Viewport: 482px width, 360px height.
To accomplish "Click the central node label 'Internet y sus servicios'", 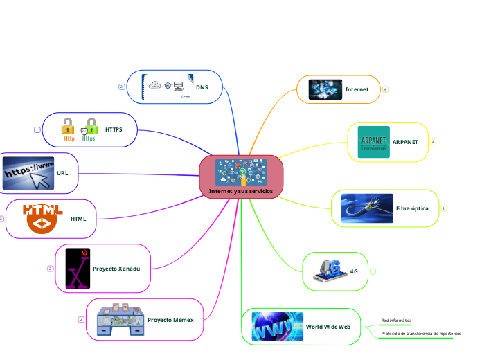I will pos(241,191).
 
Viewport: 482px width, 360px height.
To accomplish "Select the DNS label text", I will pos(202,88).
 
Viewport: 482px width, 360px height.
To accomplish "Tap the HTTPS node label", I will pos(114,129).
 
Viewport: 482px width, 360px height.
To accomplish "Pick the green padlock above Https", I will pos(89,125).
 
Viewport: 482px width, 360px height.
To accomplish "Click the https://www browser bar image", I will pos(28,172).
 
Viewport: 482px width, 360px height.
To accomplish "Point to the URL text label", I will pos(62,172).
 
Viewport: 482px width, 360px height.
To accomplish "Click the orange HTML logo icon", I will pos(43,218).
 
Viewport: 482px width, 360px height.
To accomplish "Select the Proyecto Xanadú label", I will pos(116,269).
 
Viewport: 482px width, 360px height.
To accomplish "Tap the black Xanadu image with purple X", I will pos(77,268).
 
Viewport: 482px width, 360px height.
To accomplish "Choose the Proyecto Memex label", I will pos(170,320).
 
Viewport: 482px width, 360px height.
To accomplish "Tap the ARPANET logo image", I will pos(373,141).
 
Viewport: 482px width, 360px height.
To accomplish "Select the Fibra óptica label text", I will pos(412,208).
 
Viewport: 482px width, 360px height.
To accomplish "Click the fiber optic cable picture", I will pos(367,208).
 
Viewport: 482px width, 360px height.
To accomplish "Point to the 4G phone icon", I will pos(329,271).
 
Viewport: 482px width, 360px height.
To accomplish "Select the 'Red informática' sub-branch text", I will pos(396,321).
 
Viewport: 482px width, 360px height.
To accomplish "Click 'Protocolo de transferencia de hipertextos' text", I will pos(421,333).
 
